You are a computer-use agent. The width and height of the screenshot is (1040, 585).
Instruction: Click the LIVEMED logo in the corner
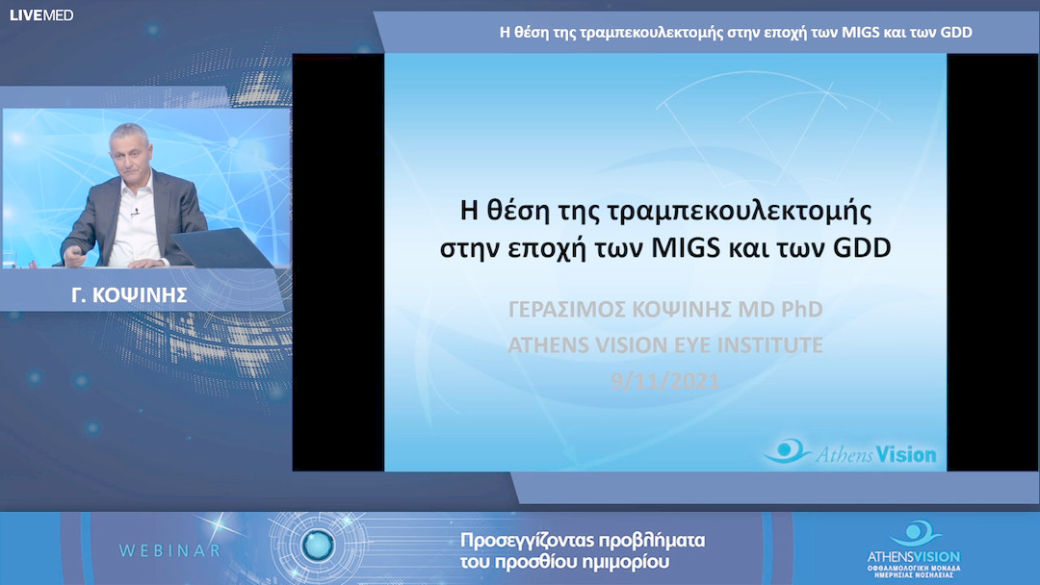point(41,15)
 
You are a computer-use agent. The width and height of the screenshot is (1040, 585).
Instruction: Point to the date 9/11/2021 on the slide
point(665,381)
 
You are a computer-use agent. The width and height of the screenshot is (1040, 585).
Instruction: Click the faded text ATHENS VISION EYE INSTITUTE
point(665,344)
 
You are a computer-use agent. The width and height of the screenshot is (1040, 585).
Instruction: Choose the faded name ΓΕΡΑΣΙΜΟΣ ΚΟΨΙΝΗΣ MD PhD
point(665,309)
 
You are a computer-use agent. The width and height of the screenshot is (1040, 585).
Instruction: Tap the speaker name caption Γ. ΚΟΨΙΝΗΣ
point(143,295)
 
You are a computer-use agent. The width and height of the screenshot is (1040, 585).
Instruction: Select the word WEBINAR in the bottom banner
point(169,550)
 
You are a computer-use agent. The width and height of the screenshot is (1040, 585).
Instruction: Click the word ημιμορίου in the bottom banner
point(627,561)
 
